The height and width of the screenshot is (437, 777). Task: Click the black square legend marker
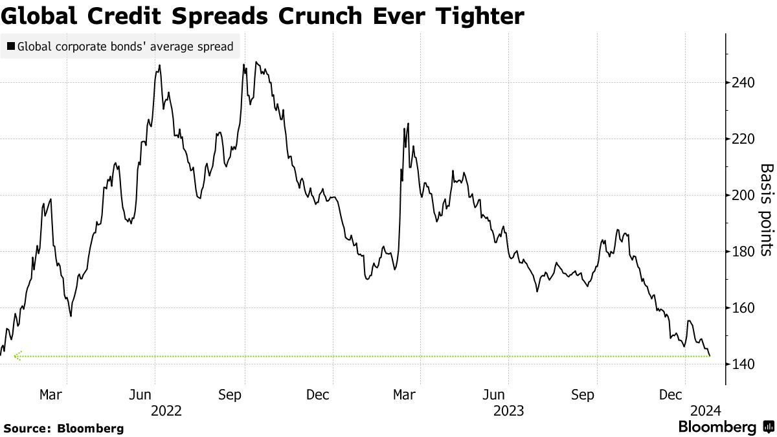(11, 47)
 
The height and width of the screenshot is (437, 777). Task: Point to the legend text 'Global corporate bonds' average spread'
(125, 47)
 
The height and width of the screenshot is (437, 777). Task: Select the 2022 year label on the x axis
(166, 410)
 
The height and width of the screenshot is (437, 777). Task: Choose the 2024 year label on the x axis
(704, 410)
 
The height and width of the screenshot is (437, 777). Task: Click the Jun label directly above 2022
(141, 395)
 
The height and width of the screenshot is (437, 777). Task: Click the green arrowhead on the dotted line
(17, 355)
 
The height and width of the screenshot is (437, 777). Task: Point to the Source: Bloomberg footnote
(63, 428)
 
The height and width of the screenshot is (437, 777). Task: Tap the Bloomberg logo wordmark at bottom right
(717, 427)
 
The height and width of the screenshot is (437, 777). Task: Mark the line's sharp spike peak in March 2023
(408, 123)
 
